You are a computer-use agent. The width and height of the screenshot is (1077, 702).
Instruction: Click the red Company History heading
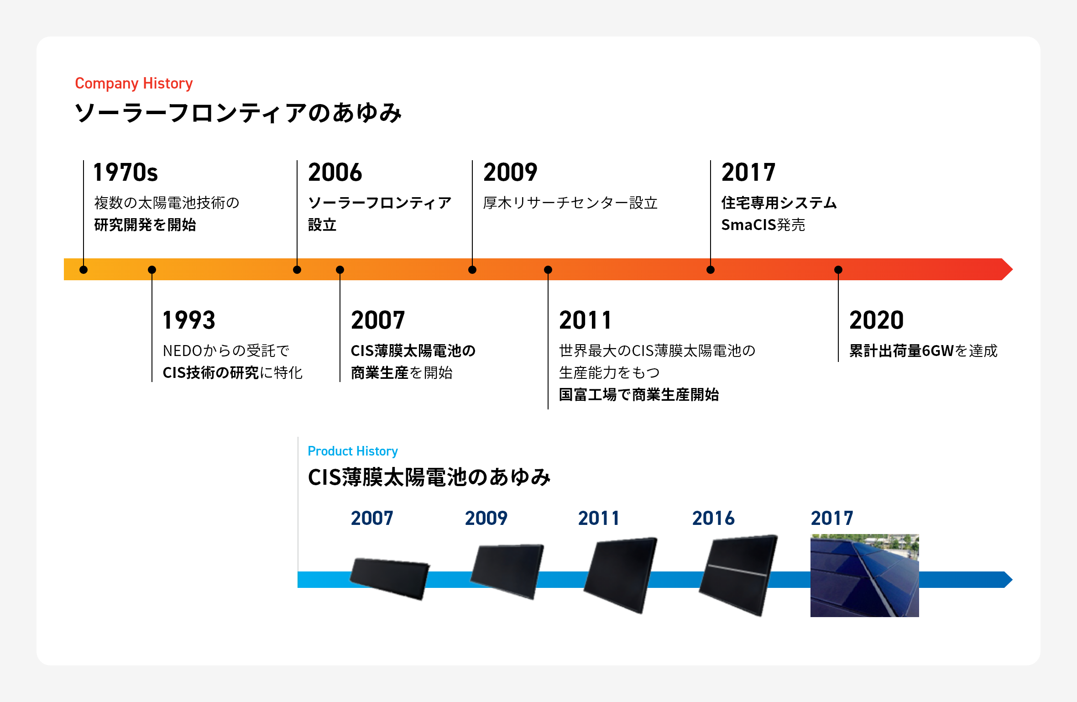(134, 84)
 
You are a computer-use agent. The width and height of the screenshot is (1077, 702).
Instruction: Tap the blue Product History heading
(353, 451)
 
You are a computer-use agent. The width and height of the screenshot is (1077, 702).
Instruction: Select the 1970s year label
(125, 172)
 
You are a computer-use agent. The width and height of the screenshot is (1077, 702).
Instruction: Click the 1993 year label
(189, 320)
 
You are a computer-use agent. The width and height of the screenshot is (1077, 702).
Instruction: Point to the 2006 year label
(335, 172)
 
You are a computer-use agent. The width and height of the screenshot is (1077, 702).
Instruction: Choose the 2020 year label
(876, 320)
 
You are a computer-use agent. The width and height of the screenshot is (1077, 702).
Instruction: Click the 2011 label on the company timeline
(585, 320)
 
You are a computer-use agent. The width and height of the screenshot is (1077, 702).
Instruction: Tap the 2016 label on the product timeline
(713, 518)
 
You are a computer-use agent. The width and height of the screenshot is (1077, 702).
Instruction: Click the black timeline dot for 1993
(152, 270)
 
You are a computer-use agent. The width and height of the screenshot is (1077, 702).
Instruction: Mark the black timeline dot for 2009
(472, 270)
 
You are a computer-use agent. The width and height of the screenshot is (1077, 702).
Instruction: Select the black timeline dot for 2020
(838, 270)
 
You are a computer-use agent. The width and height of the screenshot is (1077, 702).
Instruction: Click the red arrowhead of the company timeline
(1007, 269)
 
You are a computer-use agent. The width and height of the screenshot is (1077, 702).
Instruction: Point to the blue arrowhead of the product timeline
(1008, 580)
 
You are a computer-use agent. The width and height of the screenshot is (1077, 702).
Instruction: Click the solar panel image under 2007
(390, 578)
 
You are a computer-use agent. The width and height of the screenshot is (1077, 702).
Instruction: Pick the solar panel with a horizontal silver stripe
(738, 575)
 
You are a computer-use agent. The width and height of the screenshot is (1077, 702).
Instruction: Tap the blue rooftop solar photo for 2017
(865, 576)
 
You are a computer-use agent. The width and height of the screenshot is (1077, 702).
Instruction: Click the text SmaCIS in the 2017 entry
(748, 225)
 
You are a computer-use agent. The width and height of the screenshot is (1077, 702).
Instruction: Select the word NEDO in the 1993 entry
(182, 351)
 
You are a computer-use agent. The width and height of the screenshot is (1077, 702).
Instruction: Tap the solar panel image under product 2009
(507, 571)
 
